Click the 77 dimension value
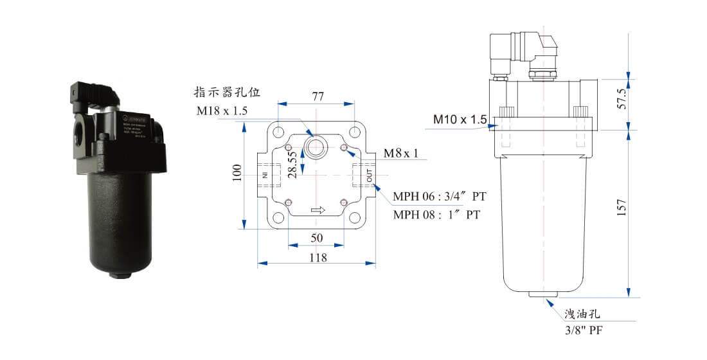318,96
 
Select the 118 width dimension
318,257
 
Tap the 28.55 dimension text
292,165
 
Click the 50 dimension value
316,238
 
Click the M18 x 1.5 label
222,111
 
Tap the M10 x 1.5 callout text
460,119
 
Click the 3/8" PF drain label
583,330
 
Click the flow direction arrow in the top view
318,210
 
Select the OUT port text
370,174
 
